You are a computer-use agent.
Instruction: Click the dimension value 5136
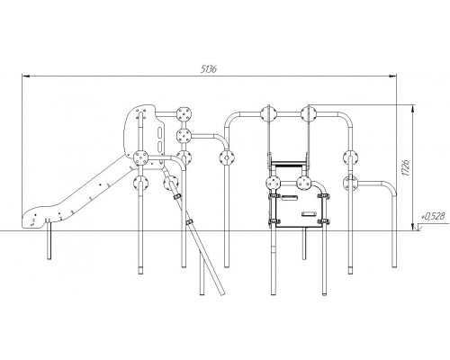[209, 69]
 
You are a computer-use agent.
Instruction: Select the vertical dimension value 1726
[405, 168]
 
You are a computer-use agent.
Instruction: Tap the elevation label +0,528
[433, 216]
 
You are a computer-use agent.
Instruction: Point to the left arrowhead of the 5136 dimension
[26, 76]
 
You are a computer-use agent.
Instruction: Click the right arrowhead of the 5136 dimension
[392, 76]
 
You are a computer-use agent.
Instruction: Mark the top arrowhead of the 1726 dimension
[413, 109]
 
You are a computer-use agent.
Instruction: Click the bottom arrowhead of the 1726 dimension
[413, 227]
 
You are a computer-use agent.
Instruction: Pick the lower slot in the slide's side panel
[161, 147]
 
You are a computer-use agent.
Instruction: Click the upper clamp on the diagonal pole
[177, 196]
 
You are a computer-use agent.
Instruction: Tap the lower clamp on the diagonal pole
[189, 221]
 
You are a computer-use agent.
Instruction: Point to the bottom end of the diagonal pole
[221, 293]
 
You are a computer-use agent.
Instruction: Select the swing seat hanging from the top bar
[289, 163]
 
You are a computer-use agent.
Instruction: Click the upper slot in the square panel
[289, 197]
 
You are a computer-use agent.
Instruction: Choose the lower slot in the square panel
[309, 214]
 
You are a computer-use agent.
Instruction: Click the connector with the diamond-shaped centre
[227, 157]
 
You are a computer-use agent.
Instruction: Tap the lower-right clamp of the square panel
[323, 221]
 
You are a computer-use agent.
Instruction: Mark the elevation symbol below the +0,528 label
[418, 229]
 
